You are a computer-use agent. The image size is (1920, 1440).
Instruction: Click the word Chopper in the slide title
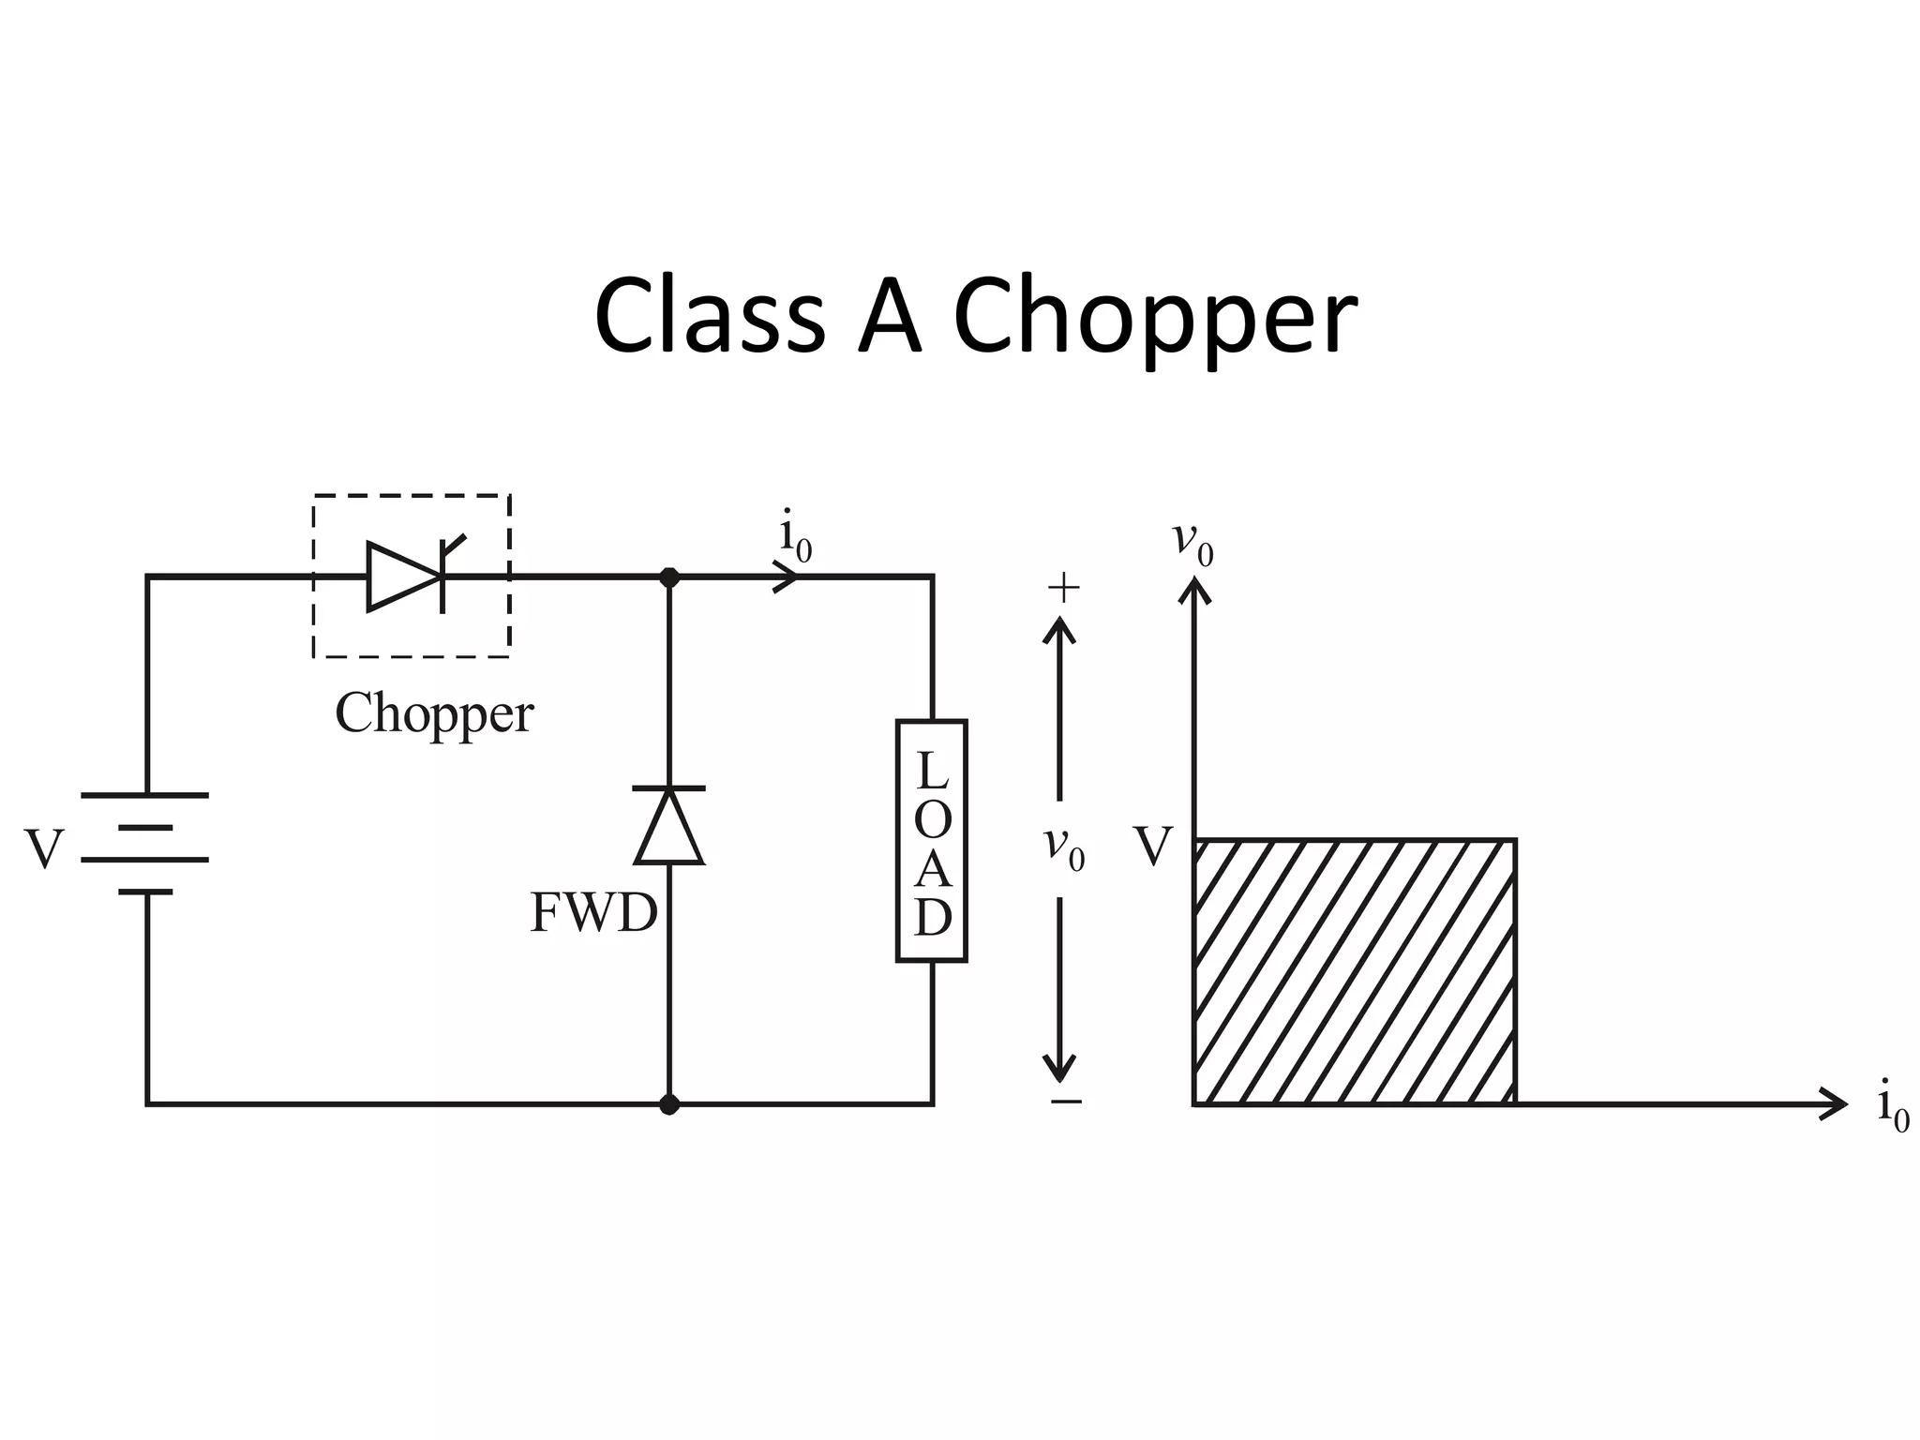click(1154, 319)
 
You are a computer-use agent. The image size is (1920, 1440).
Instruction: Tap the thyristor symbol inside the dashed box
click(408, 577)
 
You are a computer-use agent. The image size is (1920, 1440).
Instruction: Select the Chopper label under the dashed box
click(434, 713)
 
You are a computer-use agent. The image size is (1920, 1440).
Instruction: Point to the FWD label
click(593, 912)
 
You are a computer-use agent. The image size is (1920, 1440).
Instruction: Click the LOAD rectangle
click(931, 841)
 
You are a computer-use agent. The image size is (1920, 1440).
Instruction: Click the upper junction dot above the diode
click(669, 577)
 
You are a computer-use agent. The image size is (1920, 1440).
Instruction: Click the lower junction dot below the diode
click(669, 1104)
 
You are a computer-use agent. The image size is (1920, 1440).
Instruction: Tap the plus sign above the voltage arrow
click(1063, 589)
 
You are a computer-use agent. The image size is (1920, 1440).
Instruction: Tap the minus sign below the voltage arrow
click(1066, 1102)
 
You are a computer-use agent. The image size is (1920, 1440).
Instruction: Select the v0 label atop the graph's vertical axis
click(1192, 543)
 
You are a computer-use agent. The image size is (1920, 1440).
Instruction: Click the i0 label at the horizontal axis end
click(1892, 1106)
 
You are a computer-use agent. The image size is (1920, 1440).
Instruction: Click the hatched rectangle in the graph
click(1354, 971)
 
